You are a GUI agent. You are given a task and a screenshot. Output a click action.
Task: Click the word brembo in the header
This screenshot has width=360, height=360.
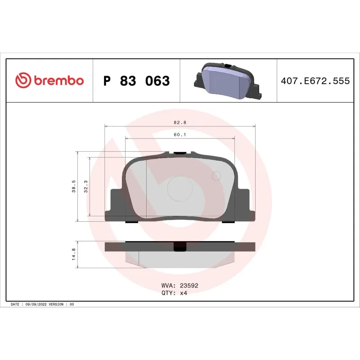pos(58,81)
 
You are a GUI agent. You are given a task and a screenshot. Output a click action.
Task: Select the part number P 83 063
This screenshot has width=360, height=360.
pos(136,81)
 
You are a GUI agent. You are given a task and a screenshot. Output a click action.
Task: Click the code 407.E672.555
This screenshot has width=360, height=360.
pos(315,81)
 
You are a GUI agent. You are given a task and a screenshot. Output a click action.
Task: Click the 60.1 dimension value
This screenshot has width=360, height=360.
pos(180,135)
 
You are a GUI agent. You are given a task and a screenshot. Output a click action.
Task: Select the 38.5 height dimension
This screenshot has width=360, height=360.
pos(73,186)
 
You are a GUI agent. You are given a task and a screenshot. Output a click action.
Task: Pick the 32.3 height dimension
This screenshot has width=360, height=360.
pos(86,186)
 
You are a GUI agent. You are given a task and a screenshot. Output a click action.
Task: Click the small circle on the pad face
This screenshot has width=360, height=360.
pos(216,176)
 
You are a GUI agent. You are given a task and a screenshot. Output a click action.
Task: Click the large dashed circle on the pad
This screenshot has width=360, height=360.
pos(180,188)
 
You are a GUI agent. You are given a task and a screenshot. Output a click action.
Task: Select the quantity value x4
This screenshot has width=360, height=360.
pos(183,292)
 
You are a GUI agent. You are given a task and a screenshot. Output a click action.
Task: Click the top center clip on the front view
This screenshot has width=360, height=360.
pos(180,153)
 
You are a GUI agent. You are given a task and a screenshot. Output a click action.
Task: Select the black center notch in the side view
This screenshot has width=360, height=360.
pos(180,247)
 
